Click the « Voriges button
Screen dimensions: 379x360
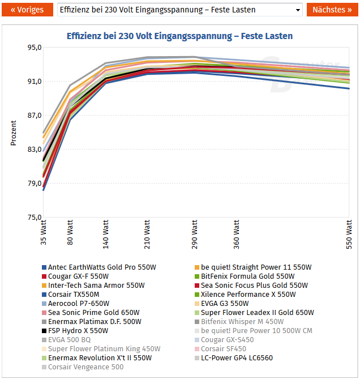(28, 10)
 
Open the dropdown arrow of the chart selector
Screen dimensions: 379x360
(298, 10)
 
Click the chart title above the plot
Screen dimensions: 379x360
(179, 36)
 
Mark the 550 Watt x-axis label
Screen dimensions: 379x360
(349, 234)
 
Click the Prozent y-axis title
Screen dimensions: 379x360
(14, 133)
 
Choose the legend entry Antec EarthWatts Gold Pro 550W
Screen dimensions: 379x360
(102, 267)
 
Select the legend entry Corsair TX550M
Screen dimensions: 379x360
(74, 295)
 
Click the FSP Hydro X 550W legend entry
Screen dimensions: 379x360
(78, 331)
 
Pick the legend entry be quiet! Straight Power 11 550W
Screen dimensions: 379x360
(256, 267)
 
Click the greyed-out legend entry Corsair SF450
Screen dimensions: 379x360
(224, 349)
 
